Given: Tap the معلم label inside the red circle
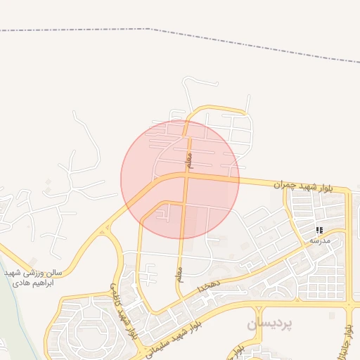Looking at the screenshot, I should coord(189,160).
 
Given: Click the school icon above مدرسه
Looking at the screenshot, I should coord(319,230).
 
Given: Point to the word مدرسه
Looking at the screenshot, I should coord(319,240).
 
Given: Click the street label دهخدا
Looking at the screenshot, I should coord(210,285).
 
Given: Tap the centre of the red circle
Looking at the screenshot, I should coord(180,179).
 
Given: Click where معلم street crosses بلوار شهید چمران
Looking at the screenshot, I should coord(186,176).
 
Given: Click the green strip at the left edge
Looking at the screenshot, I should coord(10,302).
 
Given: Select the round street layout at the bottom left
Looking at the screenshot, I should coord(89,327).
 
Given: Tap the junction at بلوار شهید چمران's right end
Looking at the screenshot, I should coord(347,191).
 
